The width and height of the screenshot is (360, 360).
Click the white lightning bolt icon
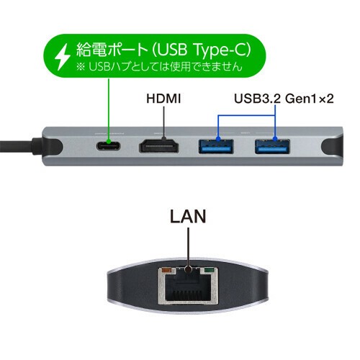click(63, 57)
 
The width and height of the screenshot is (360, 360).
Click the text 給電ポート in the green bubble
click(112, 50)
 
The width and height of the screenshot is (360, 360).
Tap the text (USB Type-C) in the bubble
click(202, 50)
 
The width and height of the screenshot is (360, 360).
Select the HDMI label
click(163, 99)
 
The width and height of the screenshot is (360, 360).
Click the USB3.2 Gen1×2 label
click(284, 99)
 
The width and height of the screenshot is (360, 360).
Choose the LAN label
click(188, 216)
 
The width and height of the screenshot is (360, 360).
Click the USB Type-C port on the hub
click(108, 146)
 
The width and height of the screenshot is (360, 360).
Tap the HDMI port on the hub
click(159, 146)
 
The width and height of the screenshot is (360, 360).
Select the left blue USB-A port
click(216, 146)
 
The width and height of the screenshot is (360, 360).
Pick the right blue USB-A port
click(272, 146)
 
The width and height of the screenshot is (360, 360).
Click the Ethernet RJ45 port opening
click(188, 287)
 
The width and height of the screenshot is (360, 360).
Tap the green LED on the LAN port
click(209, 271)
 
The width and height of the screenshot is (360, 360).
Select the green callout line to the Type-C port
click(109, 110)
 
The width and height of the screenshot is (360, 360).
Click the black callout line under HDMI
click(164, 123)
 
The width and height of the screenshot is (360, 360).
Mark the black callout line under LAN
click(188, 248)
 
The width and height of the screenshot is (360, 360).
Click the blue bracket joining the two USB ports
click(246, 116)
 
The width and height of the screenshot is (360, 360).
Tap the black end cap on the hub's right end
click(333, 147)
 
